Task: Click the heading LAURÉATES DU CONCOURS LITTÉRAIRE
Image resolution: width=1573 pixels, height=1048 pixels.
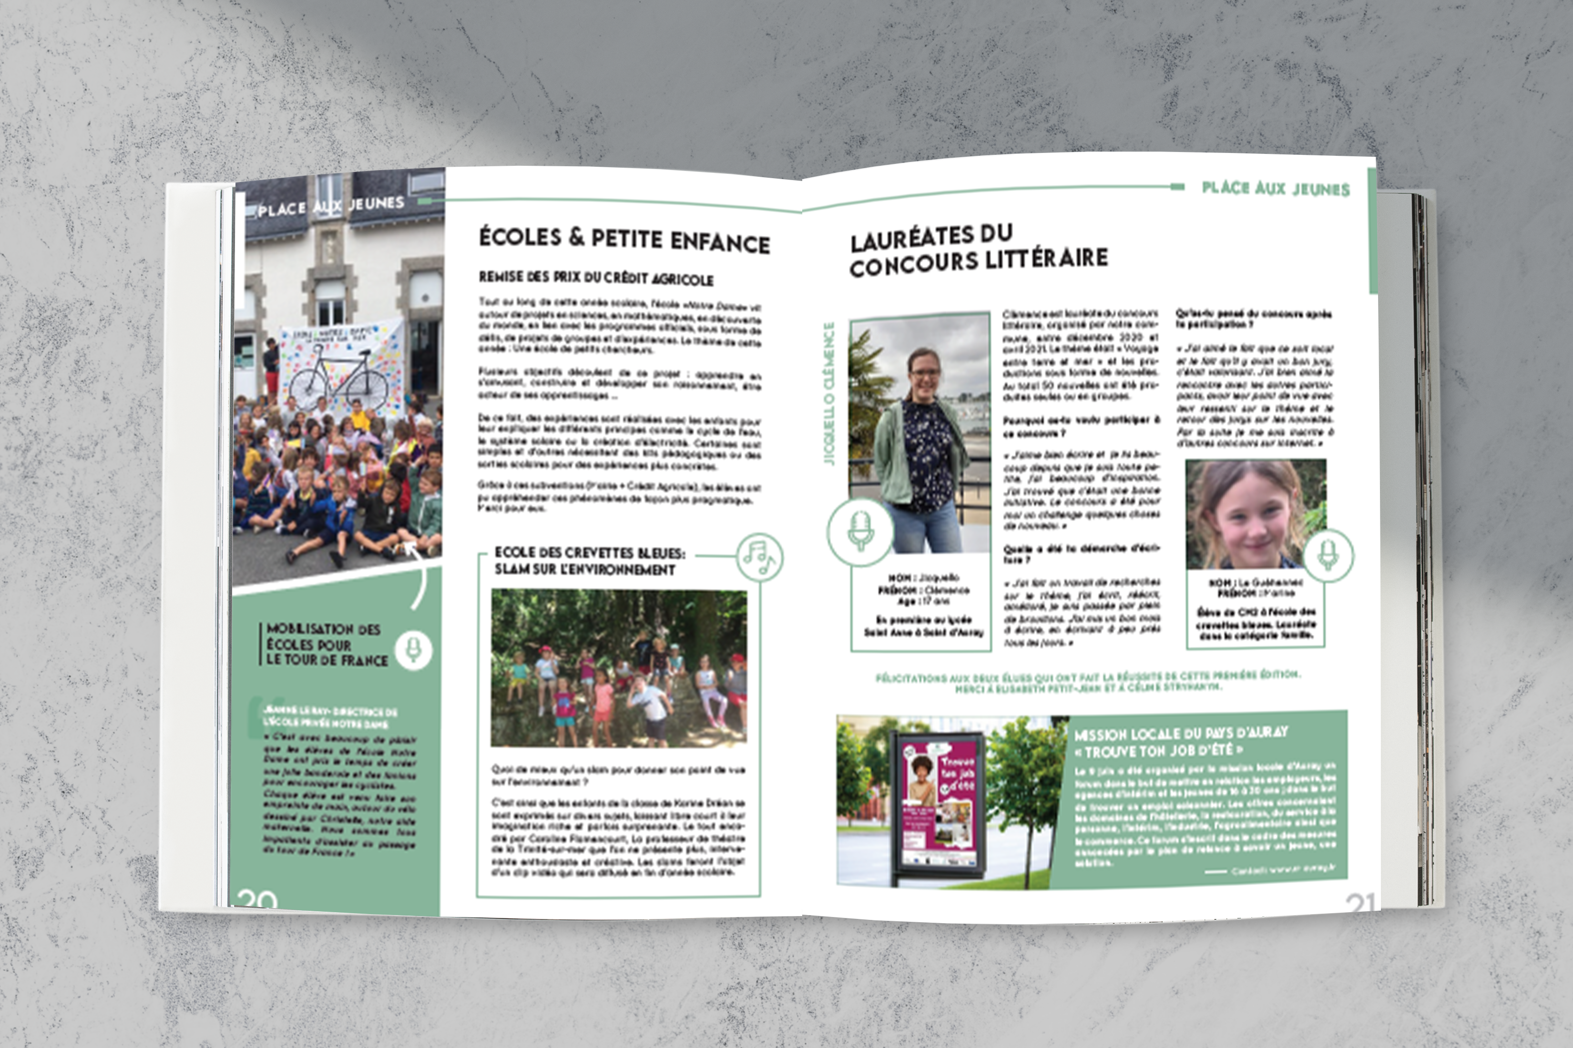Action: (x=978, y=250)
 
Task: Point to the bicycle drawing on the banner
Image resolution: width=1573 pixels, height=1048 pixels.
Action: (x=339, y=378)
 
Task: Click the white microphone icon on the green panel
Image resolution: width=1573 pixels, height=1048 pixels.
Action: (x=413, y=649)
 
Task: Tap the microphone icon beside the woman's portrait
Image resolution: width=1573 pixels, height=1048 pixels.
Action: (x=860, y=532)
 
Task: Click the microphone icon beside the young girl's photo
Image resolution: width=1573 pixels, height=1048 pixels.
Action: (x=1328, y=555)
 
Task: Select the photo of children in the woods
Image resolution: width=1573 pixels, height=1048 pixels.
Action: (x=619, y=668)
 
